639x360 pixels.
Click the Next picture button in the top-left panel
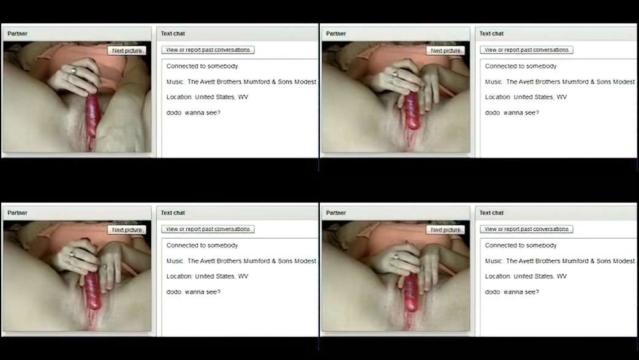tap(127, 50)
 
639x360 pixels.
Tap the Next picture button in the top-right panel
tap(445, 50)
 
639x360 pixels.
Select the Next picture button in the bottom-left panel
tap(127, 230)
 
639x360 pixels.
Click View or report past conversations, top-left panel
tap(208, 50)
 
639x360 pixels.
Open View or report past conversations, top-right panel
tap(526, 50)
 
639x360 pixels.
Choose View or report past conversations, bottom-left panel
tap(208, 229)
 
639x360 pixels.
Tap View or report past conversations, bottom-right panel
tap(526, 229)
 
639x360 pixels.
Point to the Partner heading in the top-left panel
tap(17, 34)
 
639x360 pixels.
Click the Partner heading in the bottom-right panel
tap(336, 213)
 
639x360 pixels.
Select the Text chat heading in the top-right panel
tap(491, 34)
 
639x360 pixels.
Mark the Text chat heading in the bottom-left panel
tap(173, 213)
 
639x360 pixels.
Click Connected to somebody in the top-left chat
tap(202, 66)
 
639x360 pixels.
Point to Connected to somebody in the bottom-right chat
tap(521, 245)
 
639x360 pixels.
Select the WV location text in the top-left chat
tap(243, 97)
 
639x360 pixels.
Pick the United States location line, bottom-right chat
tap(526, 277)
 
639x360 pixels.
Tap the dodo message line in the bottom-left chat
tap(193, 292)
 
